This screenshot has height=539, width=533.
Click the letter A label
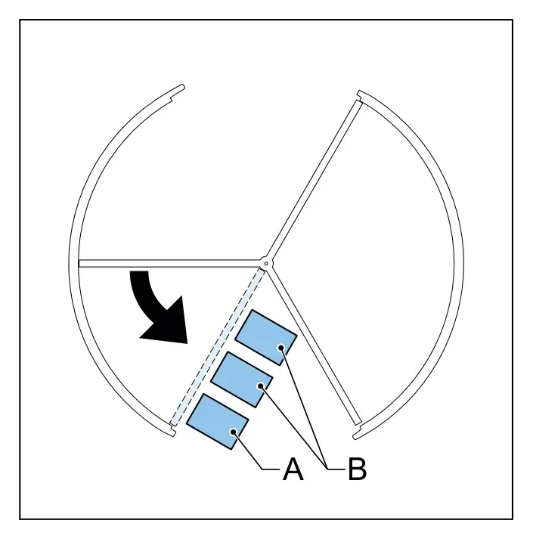(293, 469)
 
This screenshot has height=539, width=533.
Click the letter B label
(358, 469)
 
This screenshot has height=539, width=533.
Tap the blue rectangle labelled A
(217, 421)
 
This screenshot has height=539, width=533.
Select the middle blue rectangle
(242, 379)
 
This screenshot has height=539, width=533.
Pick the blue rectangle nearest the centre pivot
(266, 337)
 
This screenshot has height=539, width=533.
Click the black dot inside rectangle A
(234, 432)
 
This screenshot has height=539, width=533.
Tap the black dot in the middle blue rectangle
(261, 386)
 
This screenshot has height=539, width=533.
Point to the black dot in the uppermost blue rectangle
(281, 348)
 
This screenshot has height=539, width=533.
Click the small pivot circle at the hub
(266, 263)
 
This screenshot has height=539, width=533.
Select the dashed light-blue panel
(217, 347)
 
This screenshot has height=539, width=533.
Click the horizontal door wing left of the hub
(169, 263)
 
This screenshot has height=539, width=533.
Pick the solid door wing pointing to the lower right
(315, 346)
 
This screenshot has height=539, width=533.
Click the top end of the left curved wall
(182, 87)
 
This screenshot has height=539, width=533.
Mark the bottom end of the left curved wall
(173, 434)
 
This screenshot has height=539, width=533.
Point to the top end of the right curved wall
(359, 93)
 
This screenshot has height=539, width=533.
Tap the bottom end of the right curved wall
(356, 436)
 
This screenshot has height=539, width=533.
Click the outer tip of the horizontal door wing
(79, 263)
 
